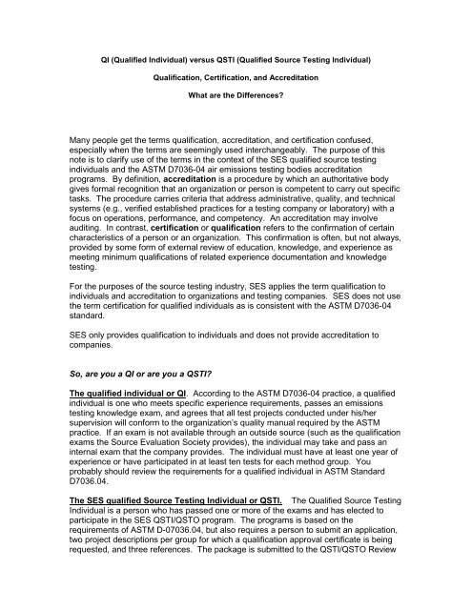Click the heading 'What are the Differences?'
tap(236, 95)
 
